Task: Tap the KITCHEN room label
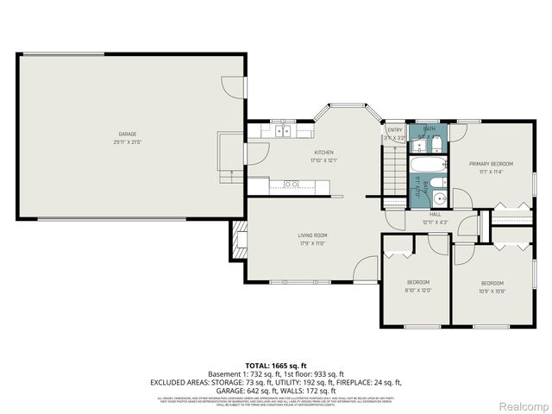(299, 153)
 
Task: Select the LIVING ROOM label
(289, 235)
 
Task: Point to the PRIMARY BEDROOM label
(491, 163)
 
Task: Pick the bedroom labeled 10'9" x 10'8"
(492, 283)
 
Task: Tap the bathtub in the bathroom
(428, 165)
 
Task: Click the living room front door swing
(367, 269)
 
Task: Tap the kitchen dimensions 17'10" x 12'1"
(299, 160)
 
